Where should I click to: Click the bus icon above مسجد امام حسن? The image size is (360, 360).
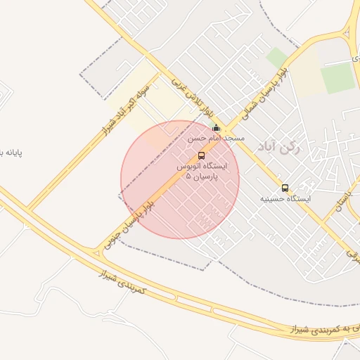coord(216,129)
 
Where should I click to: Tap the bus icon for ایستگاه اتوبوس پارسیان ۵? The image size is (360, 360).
coord(202,155)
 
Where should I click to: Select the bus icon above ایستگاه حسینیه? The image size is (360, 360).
coord(285,188)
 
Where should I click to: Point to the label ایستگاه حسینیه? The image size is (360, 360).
coord(285,199)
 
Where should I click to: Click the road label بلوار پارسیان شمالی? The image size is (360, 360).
coord(264,96)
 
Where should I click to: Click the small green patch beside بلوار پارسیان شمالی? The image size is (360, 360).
coord(276,57)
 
